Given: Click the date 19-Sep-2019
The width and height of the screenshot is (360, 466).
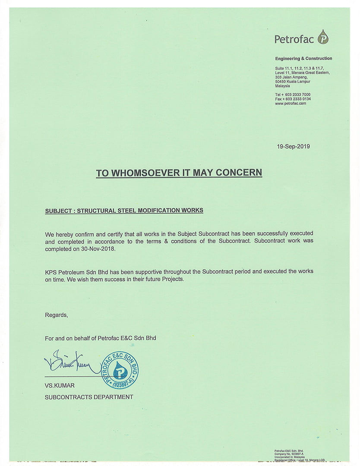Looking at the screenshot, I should pos(293,146).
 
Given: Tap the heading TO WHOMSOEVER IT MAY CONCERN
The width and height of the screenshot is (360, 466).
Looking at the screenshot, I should pos(179,173).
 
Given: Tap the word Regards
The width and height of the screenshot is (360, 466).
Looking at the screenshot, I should pos(56,315).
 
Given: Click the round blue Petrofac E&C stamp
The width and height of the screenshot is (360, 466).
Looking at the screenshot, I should pos(120,370).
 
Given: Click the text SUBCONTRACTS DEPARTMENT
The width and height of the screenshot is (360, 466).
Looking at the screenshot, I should pos(89,397).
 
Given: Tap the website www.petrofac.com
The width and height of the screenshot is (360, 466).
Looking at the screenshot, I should pos(291,104).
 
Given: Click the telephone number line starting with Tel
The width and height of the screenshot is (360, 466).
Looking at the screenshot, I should pos(293,94).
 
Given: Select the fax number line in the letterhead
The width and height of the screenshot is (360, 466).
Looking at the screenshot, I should pos(293,99).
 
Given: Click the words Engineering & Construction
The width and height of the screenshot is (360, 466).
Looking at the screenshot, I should pos(303,58).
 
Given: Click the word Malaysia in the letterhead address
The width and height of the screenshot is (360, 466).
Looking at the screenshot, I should pos(282,86).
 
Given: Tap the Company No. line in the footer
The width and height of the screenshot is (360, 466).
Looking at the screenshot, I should pos(289,454).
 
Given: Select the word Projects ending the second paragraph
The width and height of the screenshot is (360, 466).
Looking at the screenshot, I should pos(172,279).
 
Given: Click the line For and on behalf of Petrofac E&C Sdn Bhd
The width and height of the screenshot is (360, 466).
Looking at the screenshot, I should pos(100,338).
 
